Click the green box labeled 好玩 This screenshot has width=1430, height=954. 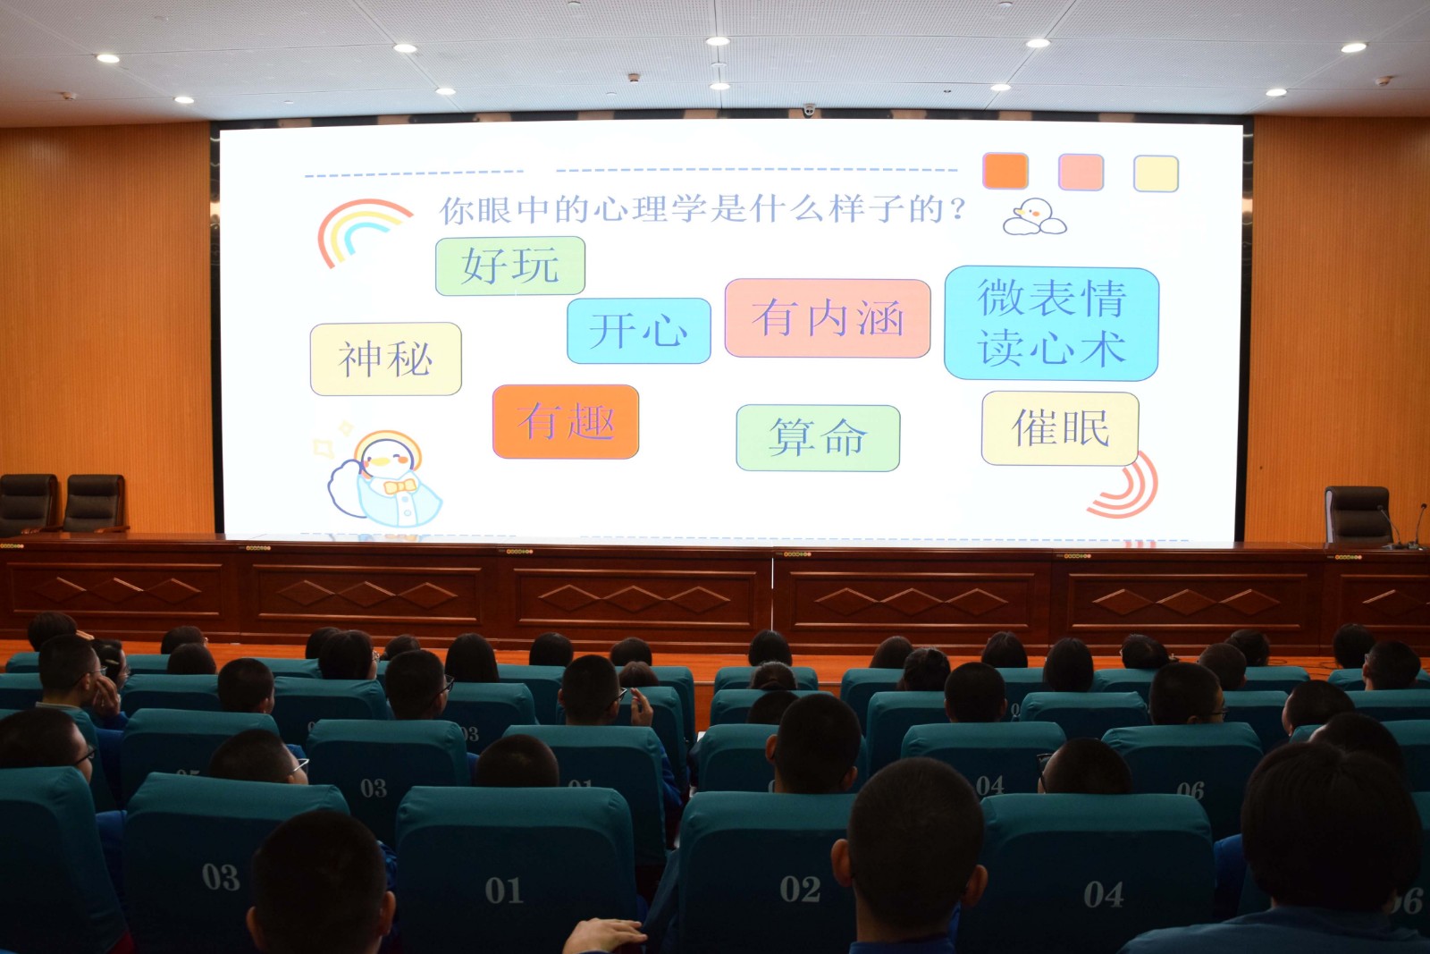pos(510,266)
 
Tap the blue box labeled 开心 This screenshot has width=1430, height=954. pos(638,331)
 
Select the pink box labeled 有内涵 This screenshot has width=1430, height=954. pos(828,318)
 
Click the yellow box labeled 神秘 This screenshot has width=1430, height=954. pos(385,359)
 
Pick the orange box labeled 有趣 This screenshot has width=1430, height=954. pos(566,421)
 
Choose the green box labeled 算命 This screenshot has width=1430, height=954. pos(818,438)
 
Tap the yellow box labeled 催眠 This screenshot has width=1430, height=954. pos(1060,428)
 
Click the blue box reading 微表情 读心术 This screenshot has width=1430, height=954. pos(1051,323)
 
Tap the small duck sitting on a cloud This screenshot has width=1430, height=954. pos(1034,217)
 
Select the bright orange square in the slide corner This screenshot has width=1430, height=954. pos(1005,171)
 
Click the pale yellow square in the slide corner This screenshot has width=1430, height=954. pos(1157,173)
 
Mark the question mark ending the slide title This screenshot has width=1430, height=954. pos(957,209)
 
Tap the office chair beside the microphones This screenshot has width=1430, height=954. pos(1357,515)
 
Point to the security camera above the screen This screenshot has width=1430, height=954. pos(809,110)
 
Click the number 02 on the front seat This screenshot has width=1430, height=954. pos(800,889)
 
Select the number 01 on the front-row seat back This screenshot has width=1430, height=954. pos(504,891)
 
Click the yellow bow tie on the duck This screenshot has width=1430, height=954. pos(400,487)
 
